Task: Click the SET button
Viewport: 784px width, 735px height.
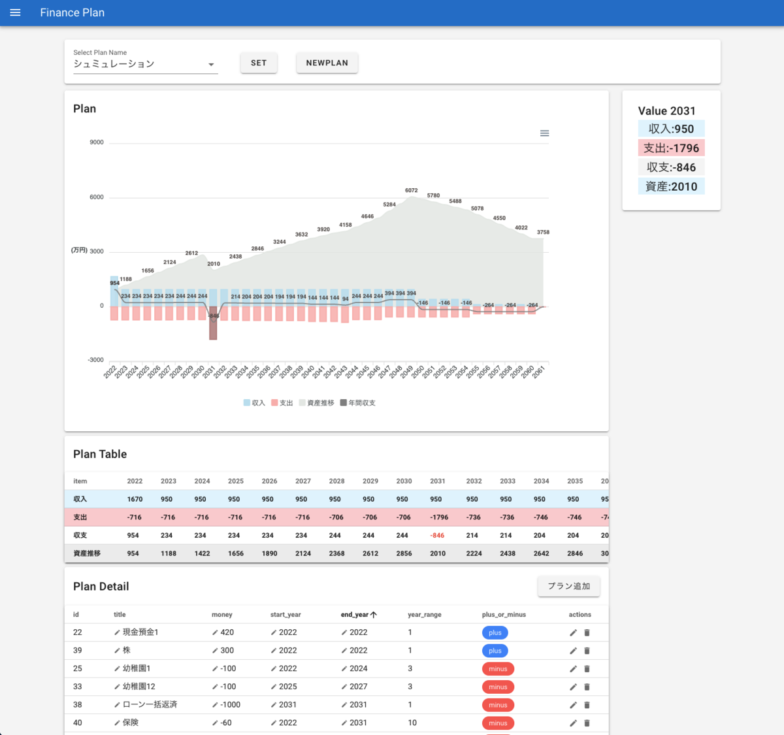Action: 259,63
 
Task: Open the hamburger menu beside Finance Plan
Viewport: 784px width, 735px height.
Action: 16,12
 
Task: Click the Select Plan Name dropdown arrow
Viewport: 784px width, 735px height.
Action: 211,65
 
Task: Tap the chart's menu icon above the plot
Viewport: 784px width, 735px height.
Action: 544,133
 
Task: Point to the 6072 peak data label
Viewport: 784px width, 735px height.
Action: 411,191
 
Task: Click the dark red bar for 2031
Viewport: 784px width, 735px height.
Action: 213,327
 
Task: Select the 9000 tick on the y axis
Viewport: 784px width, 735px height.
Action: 97,142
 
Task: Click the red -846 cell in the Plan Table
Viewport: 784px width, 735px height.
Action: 437,536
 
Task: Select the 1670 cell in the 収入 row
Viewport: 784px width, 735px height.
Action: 135,499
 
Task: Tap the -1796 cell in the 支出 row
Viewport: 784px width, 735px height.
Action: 438,517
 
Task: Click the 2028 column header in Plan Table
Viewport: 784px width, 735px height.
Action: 336,481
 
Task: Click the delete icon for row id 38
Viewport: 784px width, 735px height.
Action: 587,705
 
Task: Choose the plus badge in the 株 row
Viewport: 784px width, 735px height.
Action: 495,651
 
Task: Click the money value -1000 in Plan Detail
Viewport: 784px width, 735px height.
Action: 230,705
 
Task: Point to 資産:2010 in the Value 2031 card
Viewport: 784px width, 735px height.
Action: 671,187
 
